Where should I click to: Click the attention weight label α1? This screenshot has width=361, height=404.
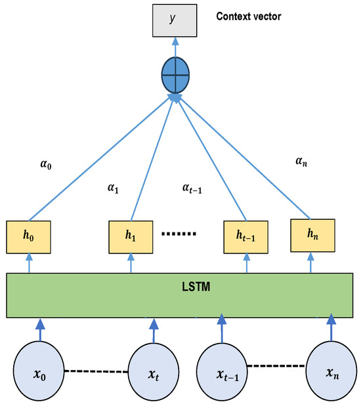point(113,189)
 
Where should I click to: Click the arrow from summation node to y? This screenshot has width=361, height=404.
point(175,47)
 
